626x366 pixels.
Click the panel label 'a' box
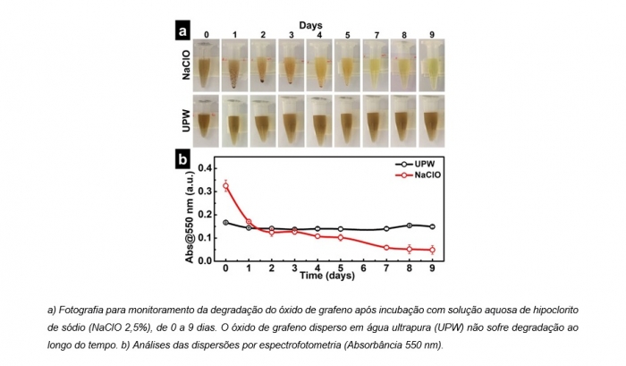(x=182, y=30)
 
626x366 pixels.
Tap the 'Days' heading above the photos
(x=310, y=26)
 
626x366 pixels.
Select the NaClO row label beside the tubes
(x=186, y=69)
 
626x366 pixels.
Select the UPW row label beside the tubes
(x=186, y=119)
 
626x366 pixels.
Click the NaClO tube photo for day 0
(x=207, y=66)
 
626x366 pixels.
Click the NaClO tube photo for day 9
(x=430, y=66)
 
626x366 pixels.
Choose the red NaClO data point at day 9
(x=432, y=250)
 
